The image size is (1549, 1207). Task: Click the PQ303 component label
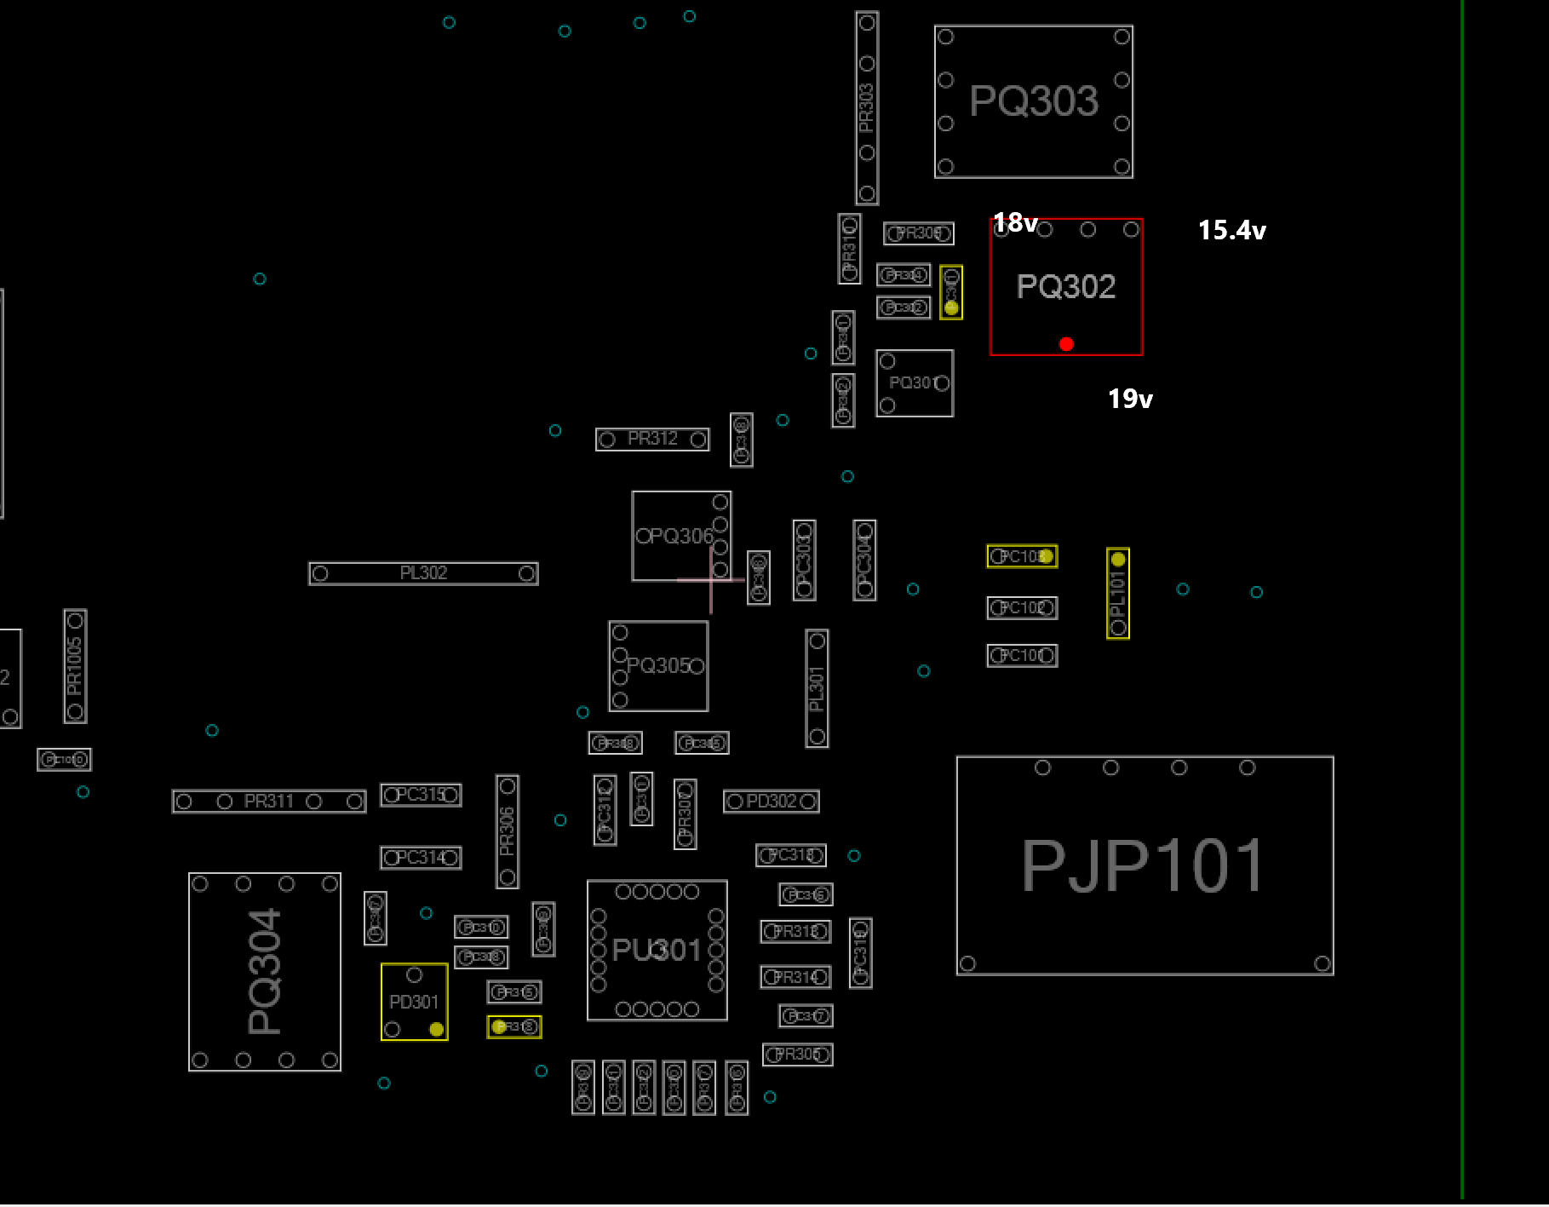1034,101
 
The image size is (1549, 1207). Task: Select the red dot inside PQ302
1066,344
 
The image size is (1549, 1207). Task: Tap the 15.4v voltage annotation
1231,230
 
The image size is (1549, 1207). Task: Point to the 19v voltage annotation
1130,399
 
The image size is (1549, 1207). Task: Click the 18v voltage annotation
1015,222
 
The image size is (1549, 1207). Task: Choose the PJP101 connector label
1143,866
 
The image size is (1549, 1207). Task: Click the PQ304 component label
264,971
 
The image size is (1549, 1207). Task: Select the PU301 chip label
657,950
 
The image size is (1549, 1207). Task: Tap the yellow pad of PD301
436,1029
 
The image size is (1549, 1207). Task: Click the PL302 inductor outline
423,573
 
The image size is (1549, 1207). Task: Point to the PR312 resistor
652,440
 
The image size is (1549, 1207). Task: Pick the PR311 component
269,802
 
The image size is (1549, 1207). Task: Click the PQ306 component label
674,536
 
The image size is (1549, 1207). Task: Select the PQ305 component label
658,665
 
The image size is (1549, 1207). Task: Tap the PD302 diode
771,802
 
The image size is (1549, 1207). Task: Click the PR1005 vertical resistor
75,666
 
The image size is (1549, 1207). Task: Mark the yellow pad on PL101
1118,560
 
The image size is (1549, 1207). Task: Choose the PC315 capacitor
421,795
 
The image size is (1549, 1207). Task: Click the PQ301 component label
914,383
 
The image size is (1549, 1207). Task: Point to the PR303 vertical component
867,108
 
